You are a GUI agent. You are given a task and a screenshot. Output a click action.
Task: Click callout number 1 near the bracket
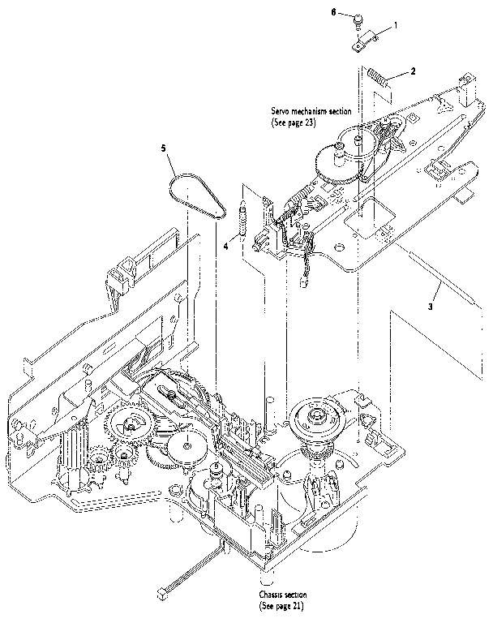395,26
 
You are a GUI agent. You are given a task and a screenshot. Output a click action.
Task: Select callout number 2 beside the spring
413,71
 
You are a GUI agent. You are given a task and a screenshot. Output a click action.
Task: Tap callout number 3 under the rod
431,307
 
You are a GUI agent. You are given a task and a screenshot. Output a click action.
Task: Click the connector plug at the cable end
172,588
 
